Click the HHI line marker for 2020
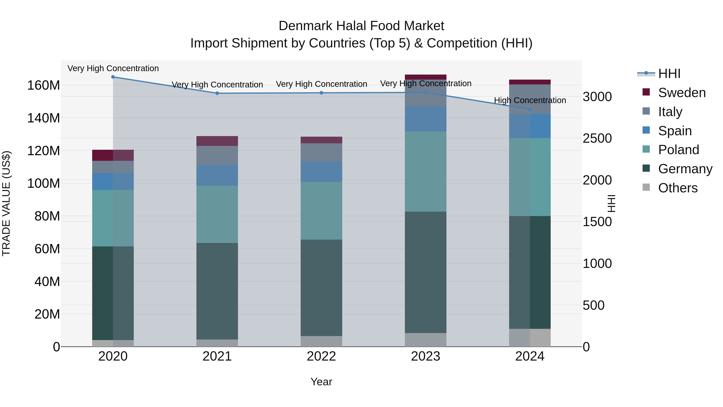(113, 77)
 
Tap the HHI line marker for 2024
(530, 109)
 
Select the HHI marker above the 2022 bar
(321, 93)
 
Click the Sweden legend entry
(681, 93)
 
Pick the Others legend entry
(678, 188)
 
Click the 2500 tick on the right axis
(597, 138)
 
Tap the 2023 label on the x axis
(426, 356)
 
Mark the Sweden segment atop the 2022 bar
(321, 140)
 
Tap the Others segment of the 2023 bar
(426, 340)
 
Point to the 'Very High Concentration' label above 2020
(113, 68)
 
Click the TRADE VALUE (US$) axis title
(6, 203)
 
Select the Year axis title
(321, 382)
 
